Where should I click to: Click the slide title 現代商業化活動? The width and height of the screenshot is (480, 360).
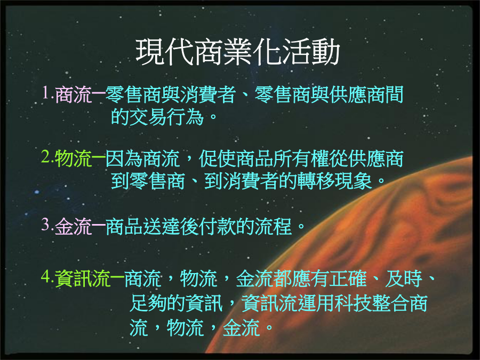[x=238, y=52]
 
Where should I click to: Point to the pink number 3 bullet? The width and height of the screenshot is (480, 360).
[x=46, y=225]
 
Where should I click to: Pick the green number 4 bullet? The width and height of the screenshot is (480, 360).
[x=46, y=276]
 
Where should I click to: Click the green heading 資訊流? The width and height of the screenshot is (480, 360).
[x=83, y=278]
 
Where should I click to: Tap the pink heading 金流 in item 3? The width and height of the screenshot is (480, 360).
[x=74, y=227]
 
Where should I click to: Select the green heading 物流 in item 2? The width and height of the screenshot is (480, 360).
[x=74, y=158]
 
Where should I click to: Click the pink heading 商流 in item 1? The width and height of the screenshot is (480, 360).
[x=74, y=94]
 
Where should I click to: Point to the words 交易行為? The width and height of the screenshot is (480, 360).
[x=167, y=117]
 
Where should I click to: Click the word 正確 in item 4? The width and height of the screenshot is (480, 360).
[x=348, y=278]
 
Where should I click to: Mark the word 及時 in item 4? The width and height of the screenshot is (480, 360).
[x=404, y=278]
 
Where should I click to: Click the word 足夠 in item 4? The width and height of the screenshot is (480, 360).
[x=148, y=303]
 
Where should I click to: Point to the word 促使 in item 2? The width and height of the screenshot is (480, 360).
[x=217, y=158]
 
